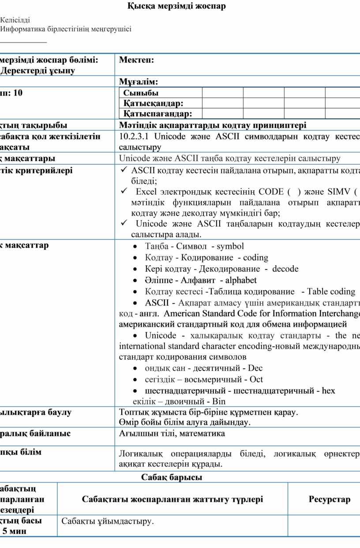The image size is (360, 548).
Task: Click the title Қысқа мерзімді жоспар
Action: click(x=176, y=6)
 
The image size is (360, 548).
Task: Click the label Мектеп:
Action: click(x=136, y=60)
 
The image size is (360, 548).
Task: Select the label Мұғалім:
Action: click(x=139, y=82)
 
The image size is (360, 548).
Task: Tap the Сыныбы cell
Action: click(x=141, y=93)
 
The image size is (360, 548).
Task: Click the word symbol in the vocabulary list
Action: click(x=230, y=246)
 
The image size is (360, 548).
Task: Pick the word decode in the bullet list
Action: click(x=285, y=269)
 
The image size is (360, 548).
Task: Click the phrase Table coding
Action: click(x=331, y=291)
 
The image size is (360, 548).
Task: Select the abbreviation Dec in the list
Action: click(x=255, y=368)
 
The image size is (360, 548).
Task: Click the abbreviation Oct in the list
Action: click(x=256, y=379)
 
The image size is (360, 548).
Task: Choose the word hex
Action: click(x=329, y=391)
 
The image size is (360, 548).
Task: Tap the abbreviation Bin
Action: click(x=219, y=402)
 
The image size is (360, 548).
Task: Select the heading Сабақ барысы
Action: click(x=172, y=477)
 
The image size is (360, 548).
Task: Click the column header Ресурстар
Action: click(x=330, y=499)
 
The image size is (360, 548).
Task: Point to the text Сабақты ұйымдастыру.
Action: click(x=108, y=522)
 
